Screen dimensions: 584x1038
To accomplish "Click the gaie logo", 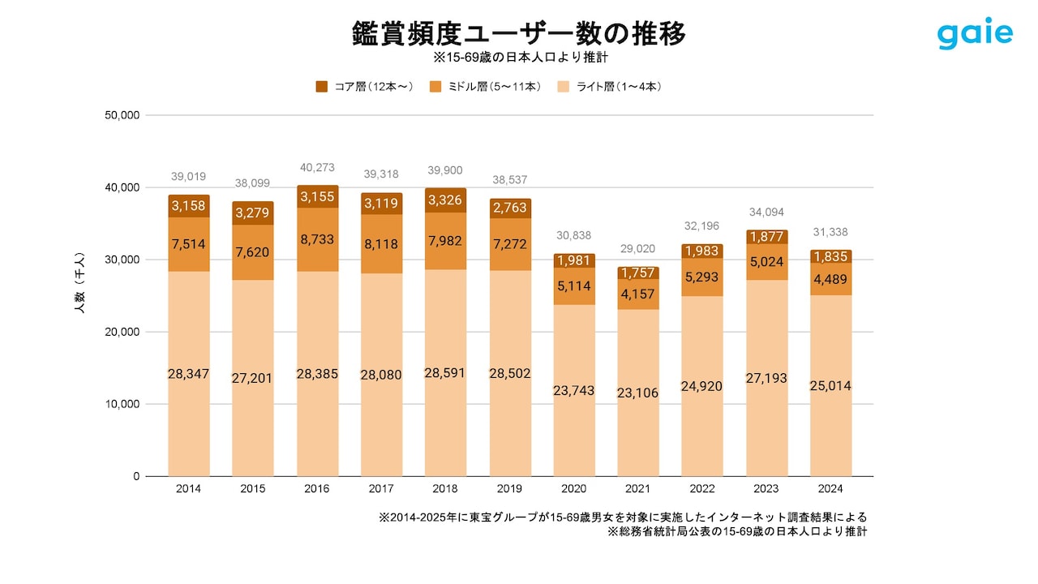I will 975,33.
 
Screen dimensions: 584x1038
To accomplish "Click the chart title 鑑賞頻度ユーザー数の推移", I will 519,33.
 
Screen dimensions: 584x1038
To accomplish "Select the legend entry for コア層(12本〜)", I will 366,86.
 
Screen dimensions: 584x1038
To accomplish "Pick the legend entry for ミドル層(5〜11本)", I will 486,86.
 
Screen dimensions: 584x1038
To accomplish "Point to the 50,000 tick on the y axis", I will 123,115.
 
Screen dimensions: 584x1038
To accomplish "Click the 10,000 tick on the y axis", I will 123,404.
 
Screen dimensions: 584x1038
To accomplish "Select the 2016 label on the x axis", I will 316,489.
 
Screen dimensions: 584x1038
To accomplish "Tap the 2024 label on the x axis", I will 830,489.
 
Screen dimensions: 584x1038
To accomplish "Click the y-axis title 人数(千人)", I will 79,294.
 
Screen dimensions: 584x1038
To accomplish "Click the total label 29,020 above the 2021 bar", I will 638,249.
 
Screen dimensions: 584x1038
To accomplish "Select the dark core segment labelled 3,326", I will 445,200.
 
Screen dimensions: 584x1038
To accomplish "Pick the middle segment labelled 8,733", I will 317,240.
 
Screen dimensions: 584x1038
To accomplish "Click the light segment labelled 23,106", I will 638,393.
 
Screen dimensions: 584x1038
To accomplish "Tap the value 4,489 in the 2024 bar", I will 830,280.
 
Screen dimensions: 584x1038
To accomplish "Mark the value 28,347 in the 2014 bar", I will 189,374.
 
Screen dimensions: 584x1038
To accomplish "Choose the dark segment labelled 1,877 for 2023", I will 766,237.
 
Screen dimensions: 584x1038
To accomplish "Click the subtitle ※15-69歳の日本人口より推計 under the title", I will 519,58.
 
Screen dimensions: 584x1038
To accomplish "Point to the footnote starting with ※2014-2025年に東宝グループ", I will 623,517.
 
